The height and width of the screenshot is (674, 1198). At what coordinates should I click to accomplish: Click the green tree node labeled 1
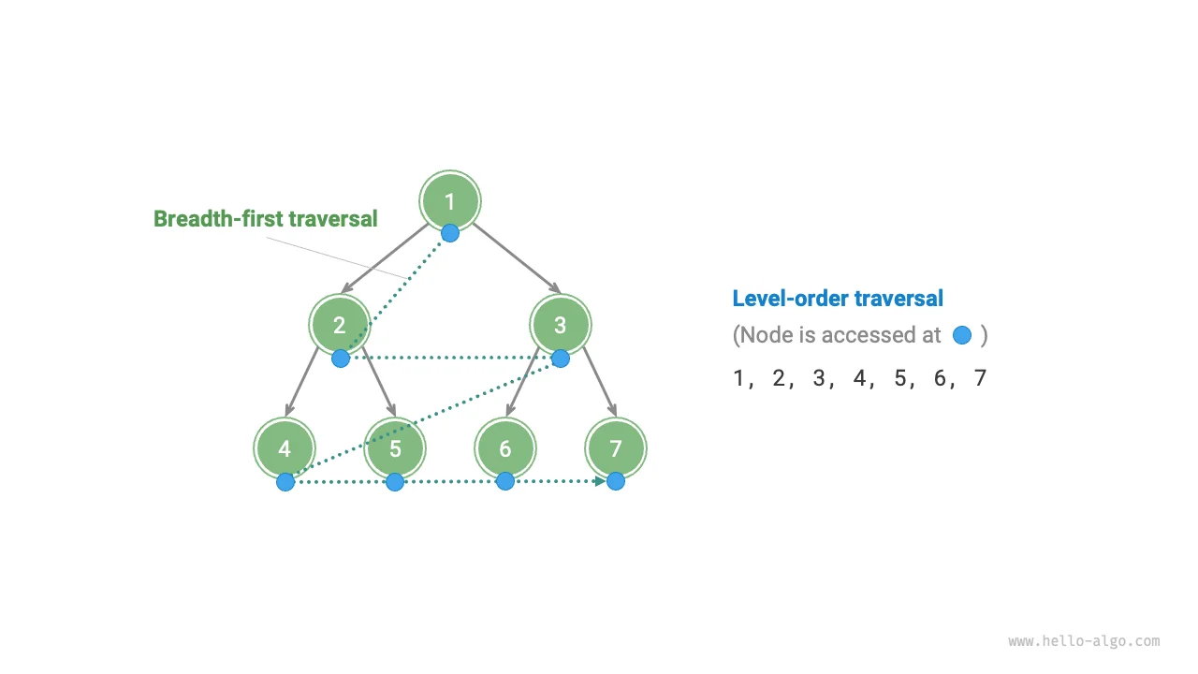coord(450,200)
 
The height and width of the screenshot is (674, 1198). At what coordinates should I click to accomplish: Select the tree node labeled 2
coord(340,325)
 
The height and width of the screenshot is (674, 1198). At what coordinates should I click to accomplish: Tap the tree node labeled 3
coord(560,325)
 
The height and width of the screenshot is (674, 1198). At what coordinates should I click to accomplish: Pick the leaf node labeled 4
coord(285,448)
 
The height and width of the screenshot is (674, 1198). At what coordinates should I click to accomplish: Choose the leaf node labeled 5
coord(395,448)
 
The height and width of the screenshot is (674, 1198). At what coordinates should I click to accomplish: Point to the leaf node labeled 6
coord(505,448)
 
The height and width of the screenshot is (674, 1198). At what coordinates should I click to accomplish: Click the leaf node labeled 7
coord(616,448)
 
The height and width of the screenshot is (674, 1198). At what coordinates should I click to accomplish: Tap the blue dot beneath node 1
coord(450,232)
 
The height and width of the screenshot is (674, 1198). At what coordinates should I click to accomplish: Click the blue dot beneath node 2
coord(341,358)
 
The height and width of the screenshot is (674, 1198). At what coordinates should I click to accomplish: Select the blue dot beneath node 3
coord(561,358)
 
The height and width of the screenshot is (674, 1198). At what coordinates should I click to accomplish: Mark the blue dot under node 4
coord(285,482)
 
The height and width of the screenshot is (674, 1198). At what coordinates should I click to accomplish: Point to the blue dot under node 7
coord(616,481)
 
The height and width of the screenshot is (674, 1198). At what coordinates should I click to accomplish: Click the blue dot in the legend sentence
coord(961,335)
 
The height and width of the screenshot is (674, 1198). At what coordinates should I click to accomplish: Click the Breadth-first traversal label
coord(266,219)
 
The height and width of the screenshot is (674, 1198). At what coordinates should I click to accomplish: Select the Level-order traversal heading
coord(838,299)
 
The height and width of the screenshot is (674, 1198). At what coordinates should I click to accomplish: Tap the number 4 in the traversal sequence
coord(859,378)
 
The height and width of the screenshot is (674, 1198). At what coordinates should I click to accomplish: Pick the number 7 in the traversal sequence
coord(980,378)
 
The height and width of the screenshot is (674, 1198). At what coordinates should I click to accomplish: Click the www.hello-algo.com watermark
coord(1084,641)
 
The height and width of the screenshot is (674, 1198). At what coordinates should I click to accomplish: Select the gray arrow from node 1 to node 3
coord(515,256)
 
